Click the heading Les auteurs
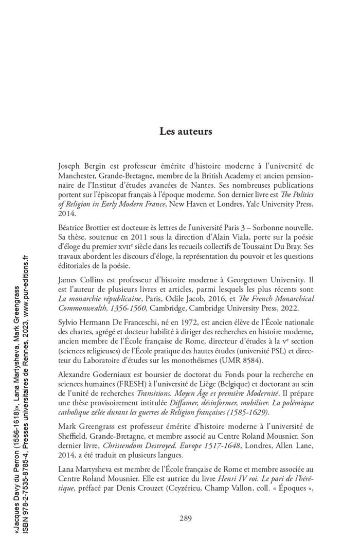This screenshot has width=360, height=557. point(185,131)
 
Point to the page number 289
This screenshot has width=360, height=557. point(186,518)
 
